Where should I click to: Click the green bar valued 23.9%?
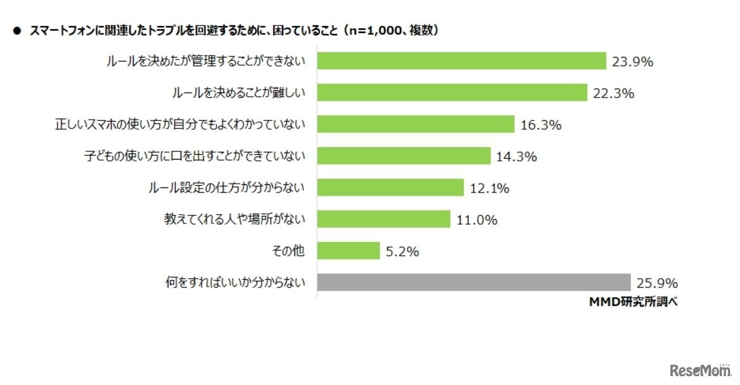pyautogui.click(x=462, y=61)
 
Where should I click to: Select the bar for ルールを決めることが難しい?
pyautogui.click(x=452, y=92)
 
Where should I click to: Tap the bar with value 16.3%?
pyautogui.click(x=416, y=124)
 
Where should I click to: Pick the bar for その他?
pyautogui.click(x=348, y=251)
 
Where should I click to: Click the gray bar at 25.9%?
pyautogui.click(x=474, y=282)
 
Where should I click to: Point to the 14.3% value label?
pyautogui.click(x=516, y=156)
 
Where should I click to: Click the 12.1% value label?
pyautogui.click(x=490, y=188)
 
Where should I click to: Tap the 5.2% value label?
pyautogui.click(x=402, y=251)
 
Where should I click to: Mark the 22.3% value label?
pyautogui.click(x=614, y=93)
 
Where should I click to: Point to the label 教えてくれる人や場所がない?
pyautogui.click(x=234, y=219)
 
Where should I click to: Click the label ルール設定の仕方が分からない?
pyautogui.click(x=226, y=187)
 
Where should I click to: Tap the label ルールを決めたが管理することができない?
pyautogui.click(x=207, y=61)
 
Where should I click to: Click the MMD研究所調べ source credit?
pyautogui.click(x=633, y=302)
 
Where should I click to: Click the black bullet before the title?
pyautogui.click(x=16, y=30)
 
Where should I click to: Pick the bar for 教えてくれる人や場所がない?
pyautogui.click(x=383, y=219)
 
